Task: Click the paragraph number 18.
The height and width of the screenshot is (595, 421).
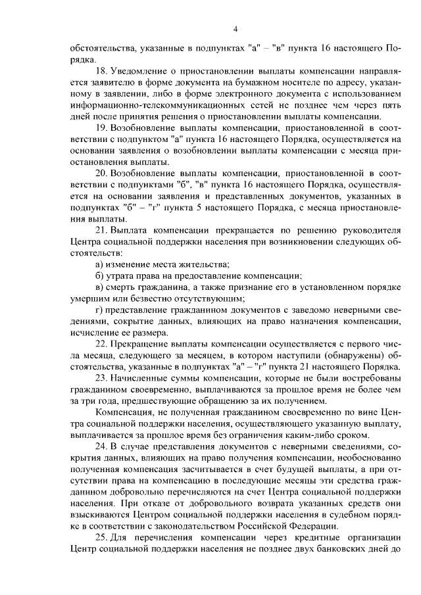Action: pos(101,69)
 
